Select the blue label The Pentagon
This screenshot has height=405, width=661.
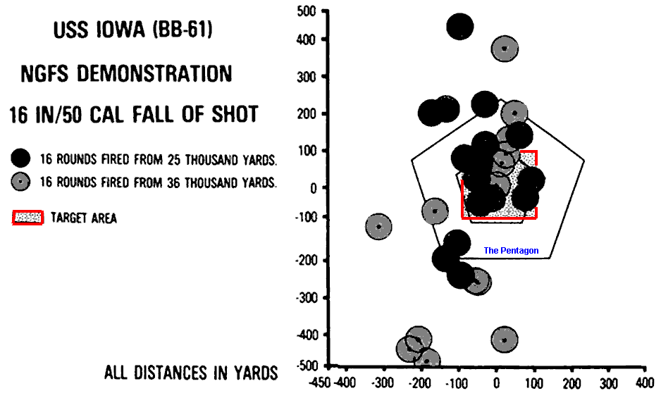511,251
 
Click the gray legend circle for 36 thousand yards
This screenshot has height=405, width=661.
23,182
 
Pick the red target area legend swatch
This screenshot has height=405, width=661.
28,218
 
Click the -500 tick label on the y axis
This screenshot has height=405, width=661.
307,366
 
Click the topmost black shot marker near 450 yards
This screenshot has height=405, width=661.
459,27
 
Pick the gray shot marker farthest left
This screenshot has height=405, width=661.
379,226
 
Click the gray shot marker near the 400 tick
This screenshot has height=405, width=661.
505,49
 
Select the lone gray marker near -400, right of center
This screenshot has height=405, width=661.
504,339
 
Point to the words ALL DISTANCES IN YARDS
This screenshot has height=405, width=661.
191,373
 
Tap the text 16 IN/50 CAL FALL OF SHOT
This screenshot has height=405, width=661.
133,114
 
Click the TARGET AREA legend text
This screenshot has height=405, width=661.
84,218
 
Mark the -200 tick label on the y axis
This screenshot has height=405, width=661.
307,261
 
